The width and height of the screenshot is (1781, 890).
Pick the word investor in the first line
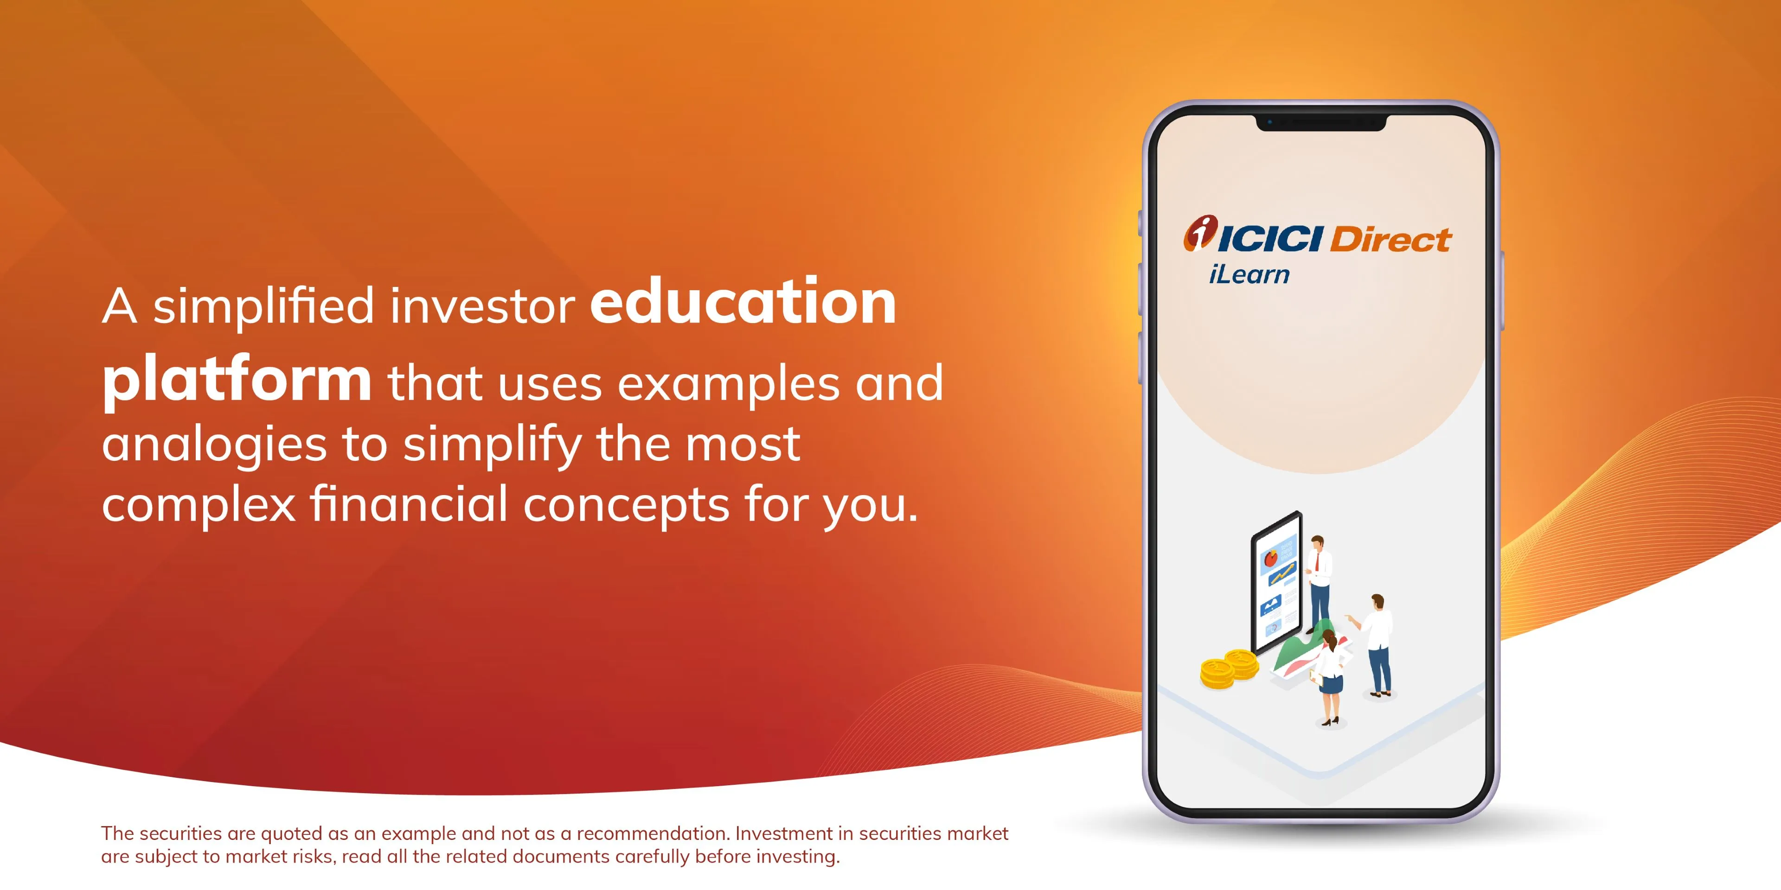(482, 306)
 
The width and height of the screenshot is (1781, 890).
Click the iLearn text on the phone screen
(1249, 274)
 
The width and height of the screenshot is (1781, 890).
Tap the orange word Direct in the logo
(1390, 240)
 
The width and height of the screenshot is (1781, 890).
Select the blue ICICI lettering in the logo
(1270, 240)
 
